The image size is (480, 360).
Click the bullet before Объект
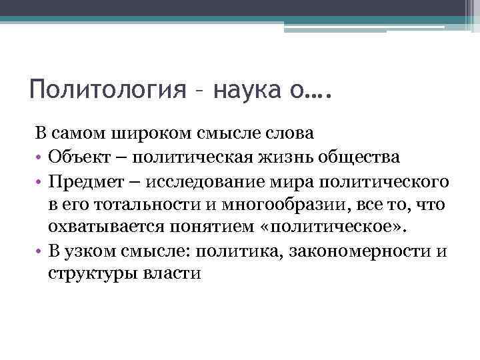[x=39, y=157]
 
